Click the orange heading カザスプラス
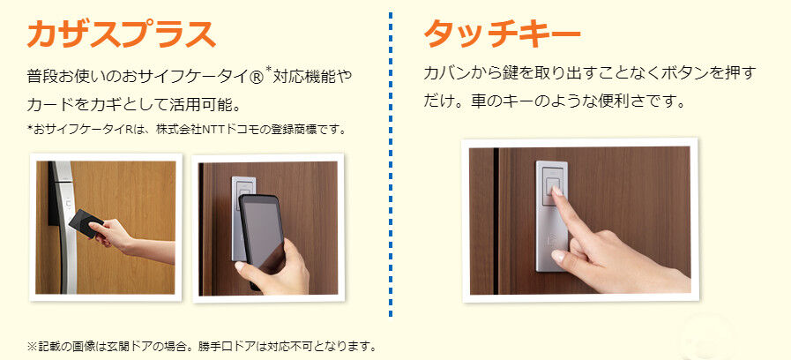pos(121,34)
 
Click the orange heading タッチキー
pos(502,34)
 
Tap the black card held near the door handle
pos(86,223)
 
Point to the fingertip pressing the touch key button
pos(556,191)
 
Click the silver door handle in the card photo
pos(64,228)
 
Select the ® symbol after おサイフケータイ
pos(257,78)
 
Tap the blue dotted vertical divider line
pos(391,164)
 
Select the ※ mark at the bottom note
pos(33,347)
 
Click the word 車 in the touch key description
pos(477,101)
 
